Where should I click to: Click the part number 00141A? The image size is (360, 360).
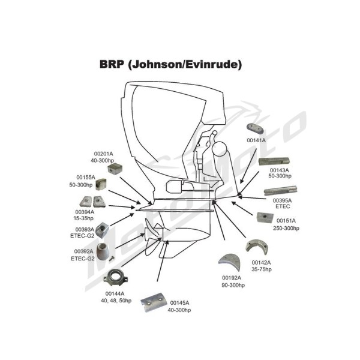256,140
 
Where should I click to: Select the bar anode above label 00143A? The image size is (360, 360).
274,161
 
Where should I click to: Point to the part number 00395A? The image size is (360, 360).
282,200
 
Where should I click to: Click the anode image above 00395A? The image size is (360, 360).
281,190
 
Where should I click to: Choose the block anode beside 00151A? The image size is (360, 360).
265,218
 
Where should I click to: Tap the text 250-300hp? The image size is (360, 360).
286,228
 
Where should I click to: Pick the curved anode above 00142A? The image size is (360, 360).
257,247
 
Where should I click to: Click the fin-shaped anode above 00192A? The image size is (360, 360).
230,262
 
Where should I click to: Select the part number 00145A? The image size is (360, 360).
179,303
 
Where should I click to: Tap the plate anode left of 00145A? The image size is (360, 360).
152,302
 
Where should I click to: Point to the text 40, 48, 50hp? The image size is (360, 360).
116,301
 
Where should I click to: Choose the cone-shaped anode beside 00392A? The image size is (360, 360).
103,252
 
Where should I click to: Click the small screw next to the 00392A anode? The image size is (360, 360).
112,258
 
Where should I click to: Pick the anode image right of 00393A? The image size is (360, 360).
102,230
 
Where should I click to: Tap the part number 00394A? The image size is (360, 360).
85,212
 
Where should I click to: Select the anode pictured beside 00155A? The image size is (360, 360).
101,184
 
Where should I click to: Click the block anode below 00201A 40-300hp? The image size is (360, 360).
115,169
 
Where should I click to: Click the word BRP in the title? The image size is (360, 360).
112,64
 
